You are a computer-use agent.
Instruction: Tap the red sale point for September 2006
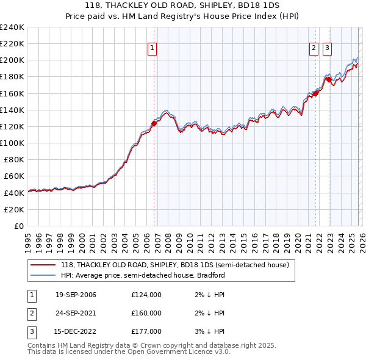pos(154,123)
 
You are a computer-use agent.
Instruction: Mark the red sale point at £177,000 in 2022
pos(329,79)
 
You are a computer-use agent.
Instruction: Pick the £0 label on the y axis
pos(18,226)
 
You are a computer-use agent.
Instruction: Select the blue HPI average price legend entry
pos(143,275)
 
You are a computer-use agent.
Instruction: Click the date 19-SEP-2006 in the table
pos(76,295)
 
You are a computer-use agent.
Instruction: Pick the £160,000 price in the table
pos(146,313)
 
